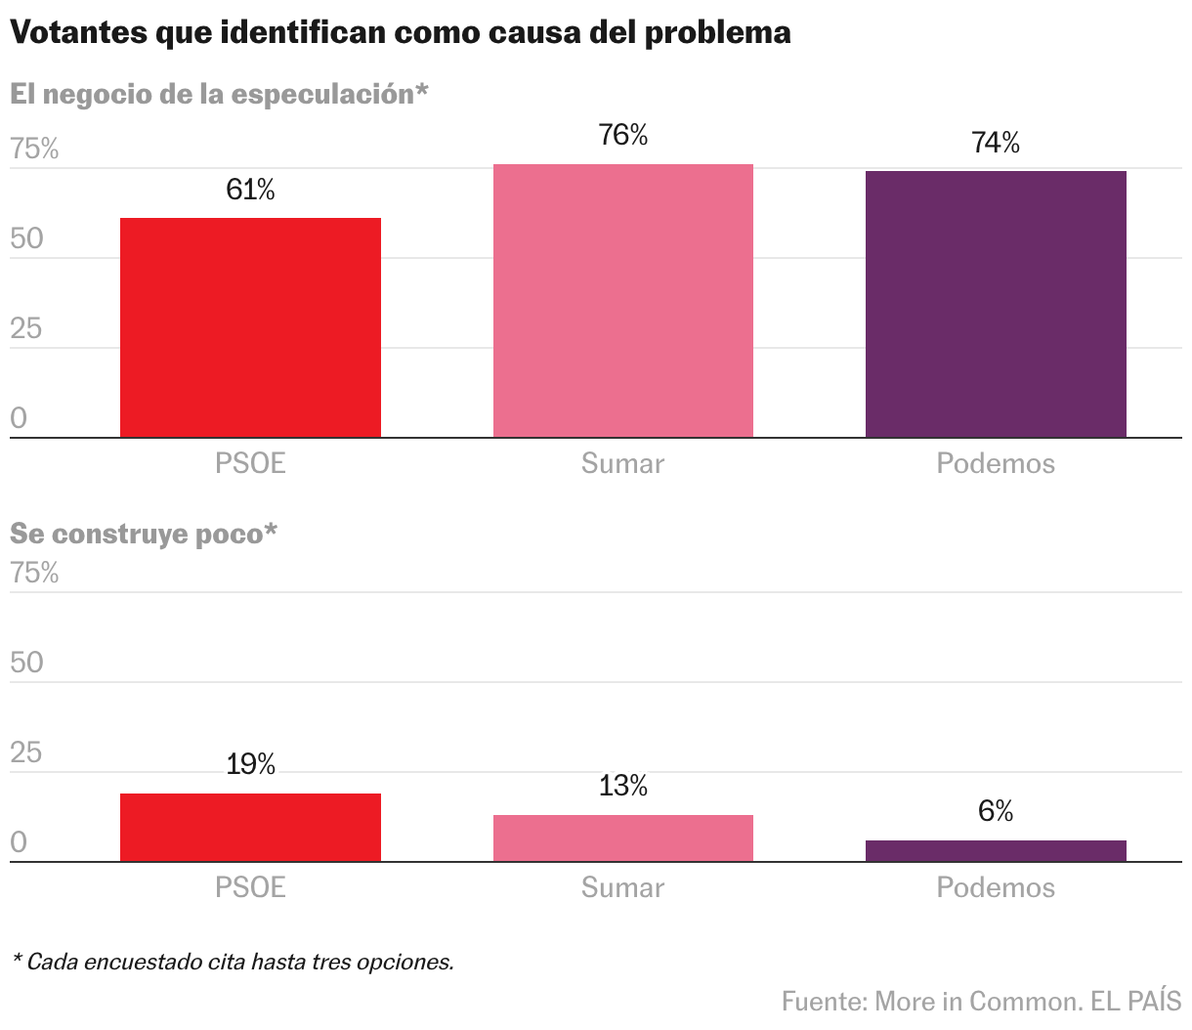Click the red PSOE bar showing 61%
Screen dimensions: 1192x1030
[250, 327]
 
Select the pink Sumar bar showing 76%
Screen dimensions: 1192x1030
[622, 300]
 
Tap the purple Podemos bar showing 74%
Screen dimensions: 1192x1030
[996, 304]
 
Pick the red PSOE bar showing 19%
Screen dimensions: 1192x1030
[250, 827]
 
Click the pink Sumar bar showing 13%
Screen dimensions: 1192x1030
[622, 837]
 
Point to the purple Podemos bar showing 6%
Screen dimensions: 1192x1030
[996, 850]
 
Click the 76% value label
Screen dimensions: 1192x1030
[622, 135]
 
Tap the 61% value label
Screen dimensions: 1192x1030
[250, 190]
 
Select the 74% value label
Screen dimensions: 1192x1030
[996, 143]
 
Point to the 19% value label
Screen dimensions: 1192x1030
[250, 764]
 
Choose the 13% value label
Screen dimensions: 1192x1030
[622, 786]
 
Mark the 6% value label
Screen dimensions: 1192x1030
[996, 811]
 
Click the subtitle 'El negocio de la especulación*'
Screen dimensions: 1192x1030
[219, 94]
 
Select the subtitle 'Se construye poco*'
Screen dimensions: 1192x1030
[144, 534]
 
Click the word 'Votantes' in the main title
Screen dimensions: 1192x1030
[78, 32]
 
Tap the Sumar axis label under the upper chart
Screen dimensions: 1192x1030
[622, 463]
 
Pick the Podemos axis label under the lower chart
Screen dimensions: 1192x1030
[996, 887]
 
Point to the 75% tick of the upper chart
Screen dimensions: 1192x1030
[34, 149]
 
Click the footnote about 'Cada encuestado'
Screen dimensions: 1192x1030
[233, 962]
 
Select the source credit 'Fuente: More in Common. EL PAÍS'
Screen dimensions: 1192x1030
[982, 1001]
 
